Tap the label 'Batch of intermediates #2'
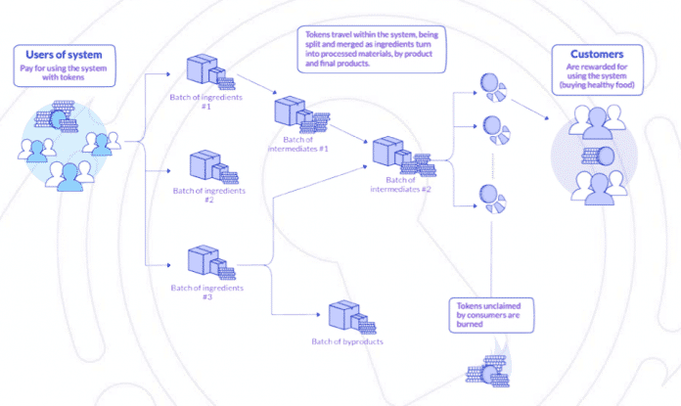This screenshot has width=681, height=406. [x=401, y=184]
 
